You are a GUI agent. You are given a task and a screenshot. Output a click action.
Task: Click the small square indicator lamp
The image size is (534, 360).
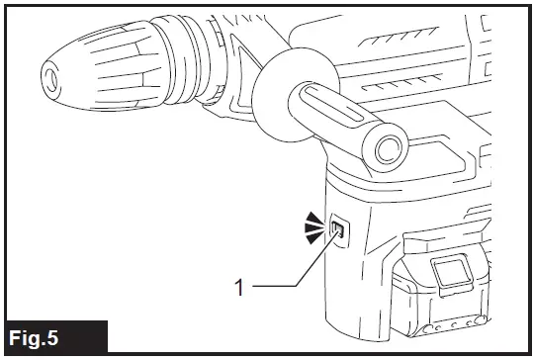pos(338,232)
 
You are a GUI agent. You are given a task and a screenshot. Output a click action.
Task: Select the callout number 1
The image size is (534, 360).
pos(238,287)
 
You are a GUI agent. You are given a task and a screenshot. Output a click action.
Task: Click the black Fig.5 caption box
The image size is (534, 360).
pos(53,335)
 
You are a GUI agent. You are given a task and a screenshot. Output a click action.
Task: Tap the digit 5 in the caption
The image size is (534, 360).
pos(78,335)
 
